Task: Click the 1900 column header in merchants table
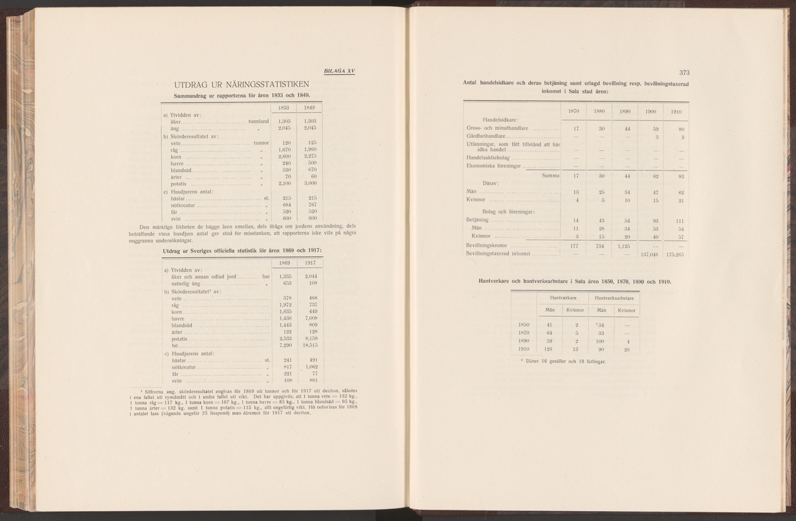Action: coord(650,112)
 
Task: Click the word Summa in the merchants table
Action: coord(551,176)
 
